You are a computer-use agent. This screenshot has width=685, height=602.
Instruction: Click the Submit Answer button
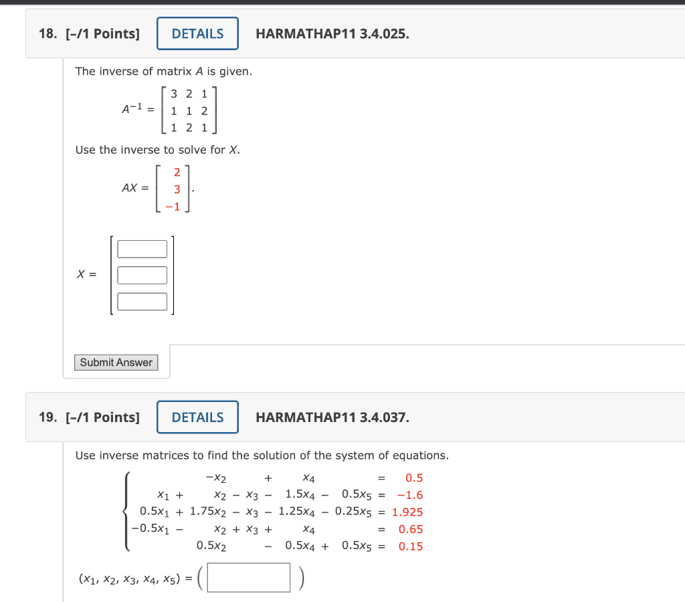(x=116, y=363)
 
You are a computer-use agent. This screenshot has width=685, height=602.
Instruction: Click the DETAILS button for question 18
(x=197, y=33)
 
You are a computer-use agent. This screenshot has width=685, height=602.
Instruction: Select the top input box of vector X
(x=142, y=249)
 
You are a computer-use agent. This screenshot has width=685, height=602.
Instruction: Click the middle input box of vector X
(x=142, y=275)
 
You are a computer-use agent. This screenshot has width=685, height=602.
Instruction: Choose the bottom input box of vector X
(x=142, y=302)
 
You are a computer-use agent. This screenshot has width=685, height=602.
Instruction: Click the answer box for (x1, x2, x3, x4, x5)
(x=249, y=577)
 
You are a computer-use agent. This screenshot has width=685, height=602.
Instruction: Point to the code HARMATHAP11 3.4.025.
(x=332, y=33)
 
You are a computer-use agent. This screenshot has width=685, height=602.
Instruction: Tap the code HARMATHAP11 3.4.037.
(x=332, y=417)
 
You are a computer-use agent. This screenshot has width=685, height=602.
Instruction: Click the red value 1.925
(x=407, y=512)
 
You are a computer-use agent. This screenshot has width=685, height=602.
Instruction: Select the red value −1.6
(x=409, y=495)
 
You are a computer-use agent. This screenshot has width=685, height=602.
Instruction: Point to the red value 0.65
(x=411, y=529)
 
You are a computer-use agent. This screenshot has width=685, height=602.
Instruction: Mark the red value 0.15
(x=411, y=546)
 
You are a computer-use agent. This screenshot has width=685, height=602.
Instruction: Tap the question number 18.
(x=47, y=33)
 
